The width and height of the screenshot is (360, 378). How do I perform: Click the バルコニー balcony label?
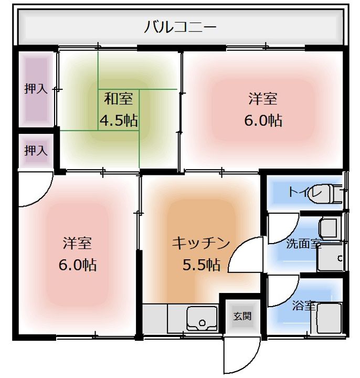(x=180, y=27)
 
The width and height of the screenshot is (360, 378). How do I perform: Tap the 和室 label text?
(x=118, y=98)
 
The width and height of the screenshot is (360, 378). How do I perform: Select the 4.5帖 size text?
(x=119, y=121)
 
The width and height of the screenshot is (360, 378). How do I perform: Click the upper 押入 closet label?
(x=36, y=89)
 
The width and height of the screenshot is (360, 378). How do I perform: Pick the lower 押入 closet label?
(x=36, y=151)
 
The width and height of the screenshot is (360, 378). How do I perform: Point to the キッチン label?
(x=201, y=243)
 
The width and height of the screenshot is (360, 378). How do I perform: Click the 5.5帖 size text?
(x=201, y=265)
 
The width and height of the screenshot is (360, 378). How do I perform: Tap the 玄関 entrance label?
(x=242, y=316)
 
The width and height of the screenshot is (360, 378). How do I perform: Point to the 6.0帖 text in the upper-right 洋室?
(x=263, y=121)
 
